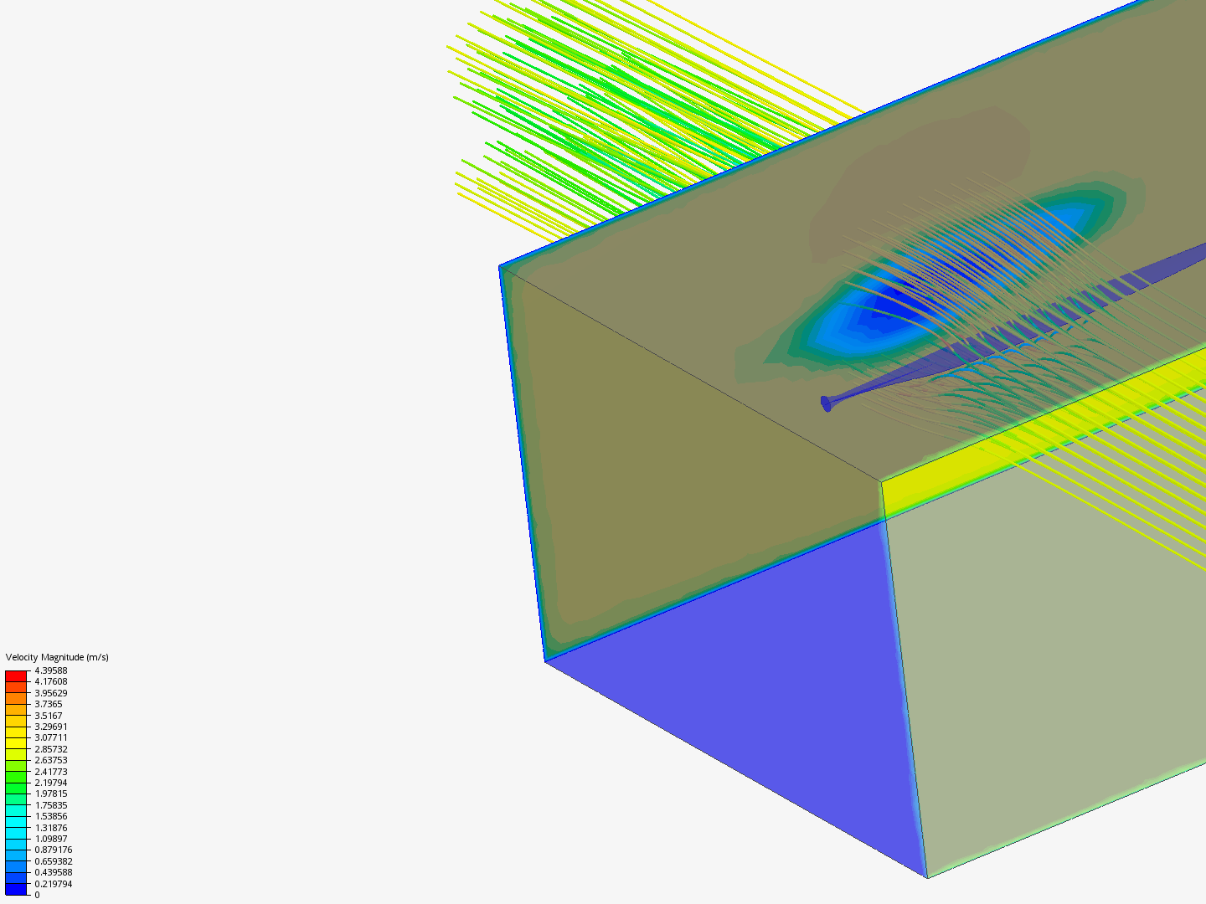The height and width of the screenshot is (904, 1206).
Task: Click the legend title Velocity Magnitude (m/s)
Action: pos(57,657)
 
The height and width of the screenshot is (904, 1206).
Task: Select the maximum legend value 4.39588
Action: pos(50,670)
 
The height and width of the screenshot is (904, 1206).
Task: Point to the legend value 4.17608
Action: pos(50,681)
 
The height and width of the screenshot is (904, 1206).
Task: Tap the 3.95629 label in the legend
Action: pos(50,693)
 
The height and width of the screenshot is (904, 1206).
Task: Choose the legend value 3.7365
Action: pos(49,704)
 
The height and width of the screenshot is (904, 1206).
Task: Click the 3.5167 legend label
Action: pos(49,716)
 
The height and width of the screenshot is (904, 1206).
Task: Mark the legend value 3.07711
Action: pos(50,737)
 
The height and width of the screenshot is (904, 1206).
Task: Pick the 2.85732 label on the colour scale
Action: pos(50,749)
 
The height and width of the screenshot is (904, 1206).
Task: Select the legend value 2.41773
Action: pos(50,772)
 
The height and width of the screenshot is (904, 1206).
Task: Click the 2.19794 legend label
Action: pos(50,783)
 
